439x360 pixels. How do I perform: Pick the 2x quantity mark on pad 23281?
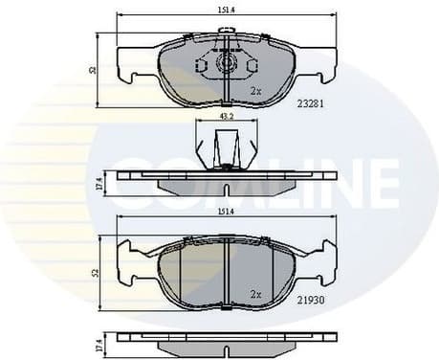pos(255,91)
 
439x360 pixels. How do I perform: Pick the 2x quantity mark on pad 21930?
pos(255,294)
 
